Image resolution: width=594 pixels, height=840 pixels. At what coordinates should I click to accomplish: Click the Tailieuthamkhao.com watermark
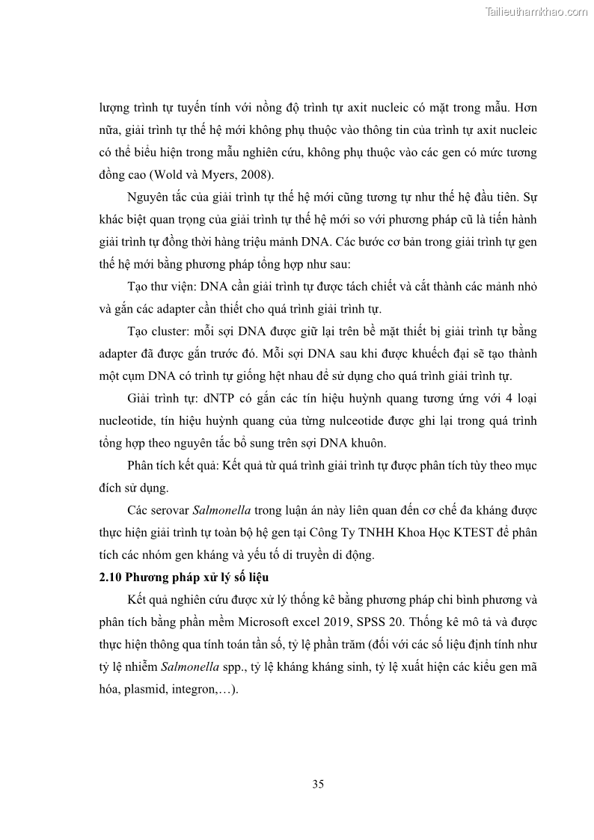click(536, 11)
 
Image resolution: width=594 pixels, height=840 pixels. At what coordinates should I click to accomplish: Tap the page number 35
click(317, 784)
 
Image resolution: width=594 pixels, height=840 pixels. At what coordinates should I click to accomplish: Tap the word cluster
click(170, 331)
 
